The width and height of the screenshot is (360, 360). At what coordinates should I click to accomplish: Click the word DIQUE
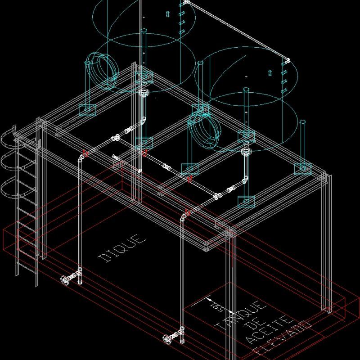[122, 247]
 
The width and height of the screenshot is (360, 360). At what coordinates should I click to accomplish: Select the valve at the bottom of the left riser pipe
[67, 279]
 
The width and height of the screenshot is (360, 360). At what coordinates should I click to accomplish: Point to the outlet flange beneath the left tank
[144, 94]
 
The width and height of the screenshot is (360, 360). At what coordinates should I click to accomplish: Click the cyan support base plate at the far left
[87, 109]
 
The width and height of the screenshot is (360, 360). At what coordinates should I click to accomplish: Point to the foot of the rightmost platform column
[327, 309]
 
